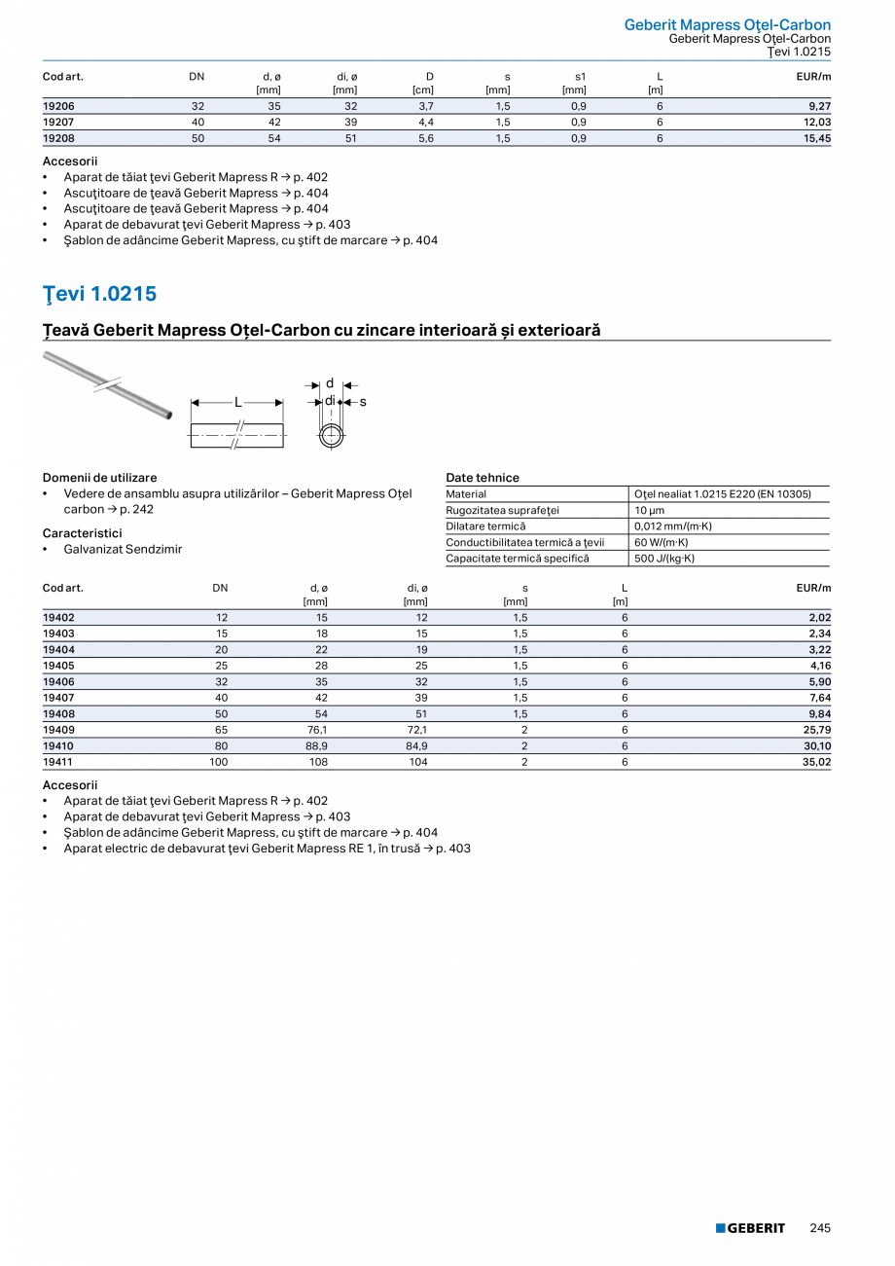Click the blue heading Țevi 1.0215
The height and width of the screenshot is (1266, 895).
point(99,294)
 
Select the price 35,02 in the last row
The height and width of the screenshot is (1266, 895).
point(816,762)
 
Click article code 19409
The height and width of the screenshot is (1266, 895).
point(58,729)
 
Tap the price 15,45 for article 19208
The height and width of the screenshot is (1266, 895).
point(816,138)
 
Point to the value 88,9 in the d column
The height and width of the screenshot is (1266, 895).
point(316,745)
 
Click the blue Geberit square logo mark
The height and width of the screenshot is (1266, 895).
point(721,1228)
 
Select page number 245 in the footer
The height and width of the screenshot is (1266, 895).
point(820,1228)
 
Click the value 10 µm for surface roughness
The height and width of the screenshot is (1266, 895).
point(649,510)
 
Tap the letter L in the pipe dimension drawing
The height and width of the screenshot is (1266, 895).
point(237,402)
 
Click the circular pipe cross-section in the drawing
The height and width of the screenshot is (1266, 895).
point(331,434)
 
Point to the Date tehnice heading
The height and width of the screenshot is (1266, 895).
point(483,478)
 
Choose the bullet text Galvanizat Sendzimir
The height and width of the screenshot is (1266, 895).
point(123,549)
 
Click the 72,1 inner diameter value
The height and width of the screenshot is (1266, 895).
point(415,729)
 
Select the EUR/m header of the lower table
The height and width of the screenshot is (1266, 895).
point(813,588)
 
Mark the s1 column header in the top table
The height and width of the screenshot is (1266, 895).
point(580,76)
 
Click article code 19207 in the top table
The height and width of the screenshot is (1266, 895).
point(58,122)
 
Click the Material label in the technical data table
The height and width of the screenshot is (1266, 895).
point(466,494)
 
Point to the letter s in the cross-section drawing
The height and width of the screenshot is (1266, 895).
point(363,402)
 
